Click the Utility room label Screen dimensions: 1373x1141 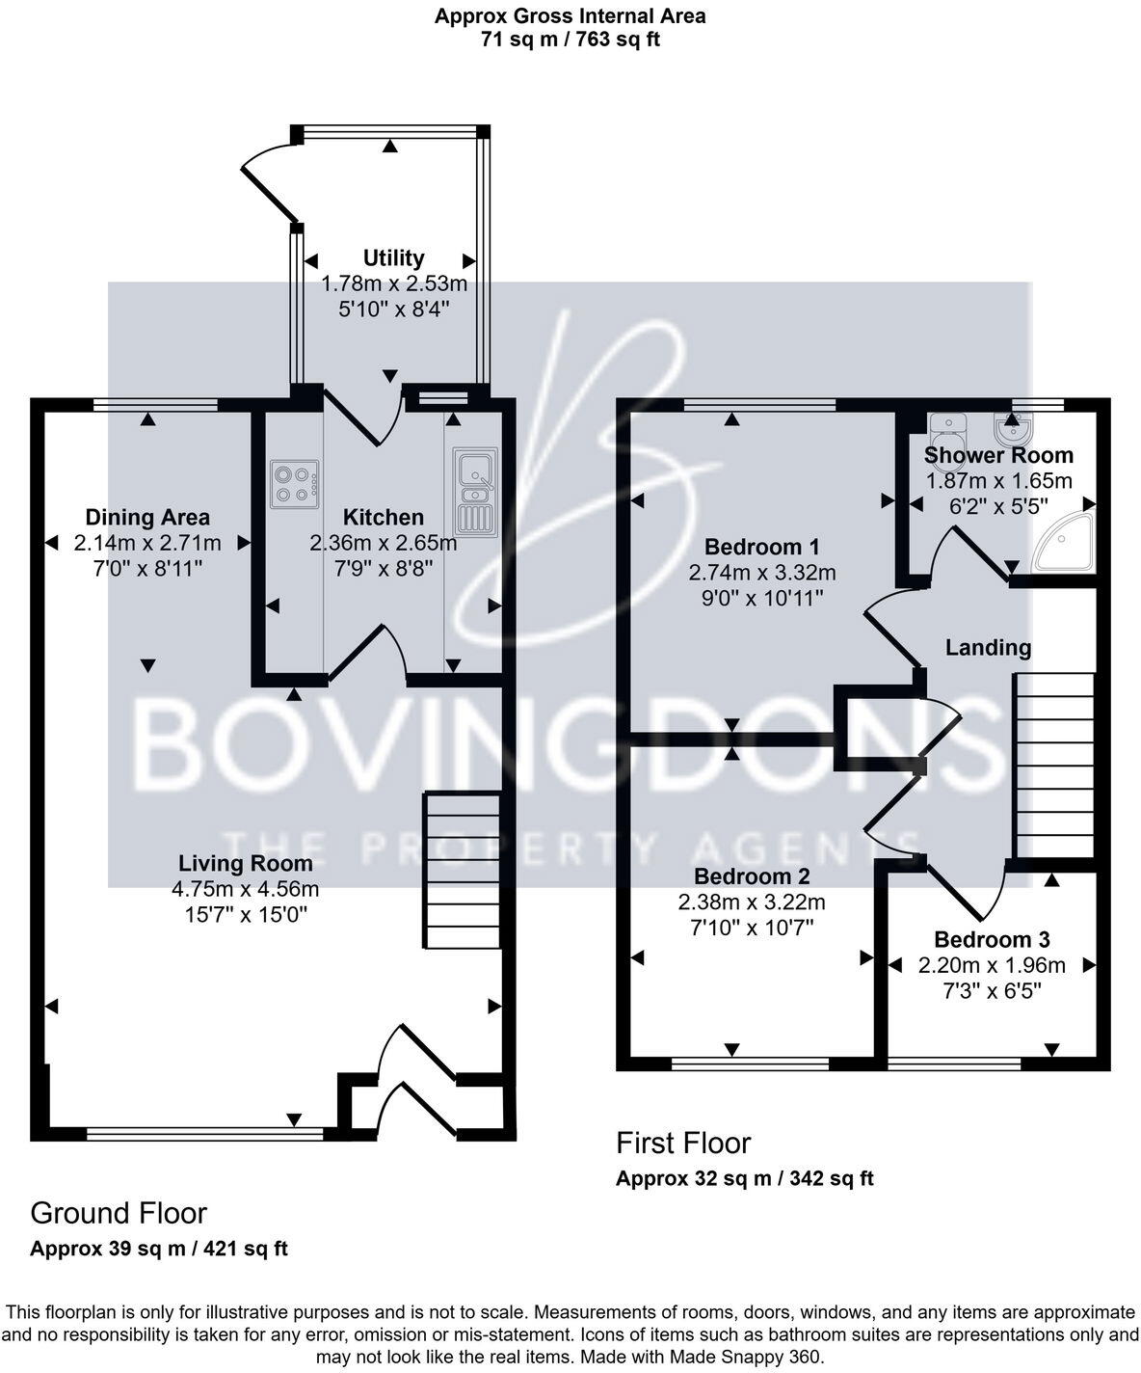393,257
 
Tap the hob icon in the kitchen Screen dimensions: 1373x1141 295,484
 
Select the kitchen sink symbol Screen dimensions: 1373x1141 475,491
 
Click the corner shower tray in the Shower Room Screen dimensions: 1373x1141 1064,544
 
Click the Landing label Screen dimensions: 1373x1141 988,647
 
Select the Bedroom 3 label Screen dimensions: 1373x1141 992,939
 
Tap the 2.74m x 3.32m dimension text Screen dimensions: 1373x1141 761,573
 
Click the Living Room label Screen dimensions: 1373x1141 245,863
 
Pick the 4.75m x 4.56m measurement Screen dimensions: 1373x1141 245,888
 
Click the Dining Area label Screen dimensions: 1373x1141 147,518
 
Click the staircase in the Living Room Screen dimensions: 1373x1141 463,869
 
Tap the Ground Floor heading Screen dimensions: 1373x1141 119,1212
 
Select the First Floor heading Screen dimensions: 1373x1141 683,1143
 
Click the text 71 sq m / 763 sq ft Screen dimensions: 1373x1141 570,40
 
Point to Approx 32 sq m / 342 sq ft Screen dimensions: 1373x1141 744,1178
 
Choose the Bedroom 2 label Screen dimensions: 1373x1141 752,876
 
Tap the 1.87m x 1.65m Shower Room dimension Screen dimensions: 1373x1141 998,480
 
